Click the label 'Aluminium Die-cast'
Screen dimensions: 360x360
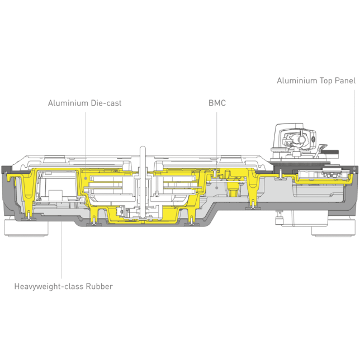pos(84,103)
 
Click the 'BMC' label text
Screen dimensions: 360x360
pos(217,103)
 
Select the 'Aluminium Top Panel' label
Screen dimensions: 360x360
pos(316,80)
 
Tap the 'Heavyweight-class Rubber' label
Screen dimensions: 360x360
pos(63,286)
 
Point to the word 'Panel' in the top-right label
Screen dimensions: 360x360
pos(344,80)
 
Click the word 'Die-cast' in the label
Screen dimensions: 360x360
pos(106,103)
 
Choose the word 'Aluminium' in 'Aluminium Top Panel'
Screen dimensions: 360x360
pos(296,80)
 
